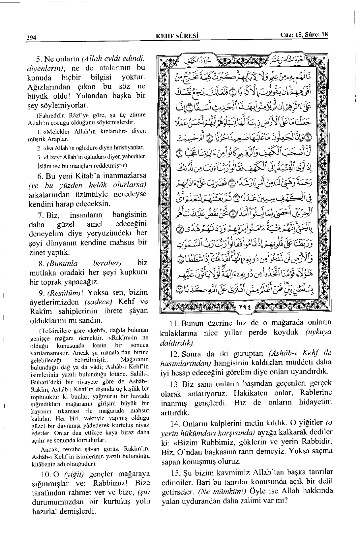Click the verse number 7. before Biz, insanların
pos(41,215)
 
